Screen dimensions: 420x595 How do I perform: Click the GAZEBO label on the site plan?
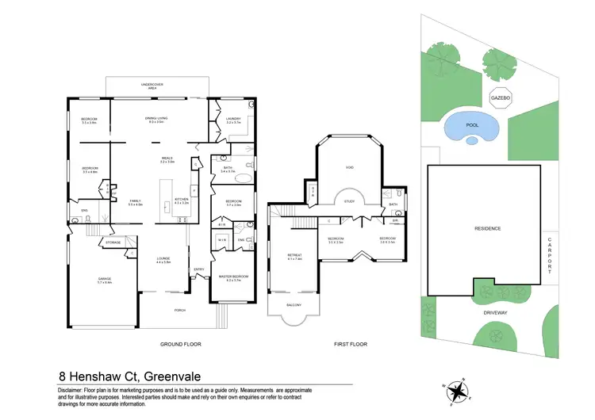coord(500,97)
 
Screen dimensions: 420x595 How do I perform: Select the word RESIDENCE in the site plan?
coord(488,228)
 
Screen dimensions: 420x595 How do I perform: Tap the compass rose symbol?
coord(458,391)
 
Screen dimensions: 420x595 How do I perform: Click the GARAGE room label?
coord(103,279)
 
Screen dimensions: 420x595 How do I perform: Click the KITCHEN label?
coord(181,199)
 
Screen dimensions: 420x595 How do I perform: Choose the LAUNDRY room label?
coord(233,119)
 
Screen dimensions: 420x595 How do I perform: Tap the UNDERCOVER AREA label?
coord(152,85)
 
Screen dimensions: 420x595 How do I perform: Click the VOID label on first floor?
coord(349,167)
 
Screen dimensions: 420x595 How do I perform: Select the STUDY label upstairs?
coord(349,201)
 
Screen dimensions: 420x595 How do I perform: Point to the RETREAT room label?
coord(295,255)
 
